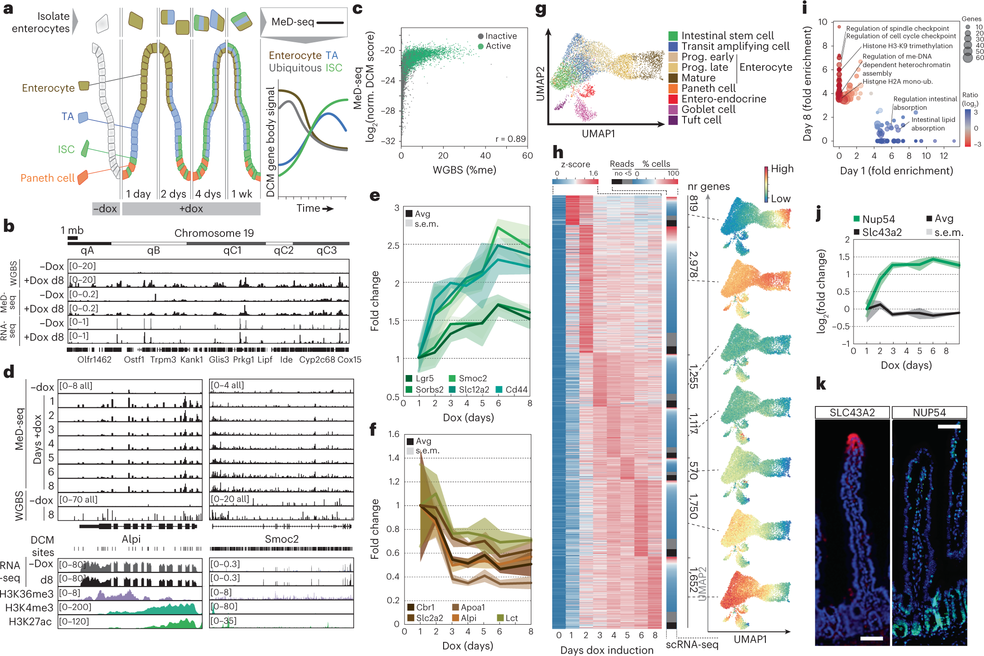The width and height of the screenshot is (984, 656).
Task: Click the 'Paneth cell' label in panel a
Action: click(47, 178)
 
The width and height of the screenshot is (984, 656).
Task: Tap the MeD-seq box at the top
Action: click(304, 22)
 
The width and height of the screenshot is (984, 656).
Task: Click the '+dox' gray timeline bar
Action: click(191, 209)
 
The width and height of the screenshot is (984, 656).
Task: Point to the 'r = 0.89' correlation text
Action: click(510, 139)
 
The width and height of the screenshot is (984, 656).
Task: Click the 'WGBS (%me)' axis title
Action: click(464, 170)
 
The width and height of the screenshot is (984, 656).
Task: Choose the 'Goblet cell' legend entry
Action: click(708, 109)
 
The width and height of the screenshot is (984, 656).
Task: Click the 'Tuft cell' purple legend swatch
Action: click(673, 120)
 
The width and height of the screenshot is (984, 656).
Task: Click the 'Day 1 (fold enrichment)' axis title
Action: click(896, 170)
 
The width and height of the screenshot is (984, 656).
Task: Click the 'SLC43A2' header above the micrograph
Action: click(852, 413)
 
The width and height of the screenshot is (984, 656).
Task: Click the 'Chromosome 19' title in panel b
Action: click(214, 233)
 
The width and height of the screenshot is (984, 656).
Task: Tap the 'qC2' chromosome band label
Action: click(284, 250)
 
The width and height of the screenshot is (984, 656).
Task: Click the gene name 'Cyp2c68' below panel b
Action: click(317, 360)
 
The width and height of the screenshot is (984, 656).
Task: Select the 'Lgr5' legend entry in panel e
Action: click(424, 378)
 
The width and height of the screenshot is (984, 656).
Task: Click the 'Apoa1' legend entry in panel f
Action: click(472, 607)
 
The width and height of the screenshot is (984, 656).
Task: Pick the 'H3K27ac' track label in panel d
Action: click(30, 621)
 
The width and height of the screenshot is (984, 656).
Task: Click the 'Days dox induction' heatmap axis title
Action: click(606, 650)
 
